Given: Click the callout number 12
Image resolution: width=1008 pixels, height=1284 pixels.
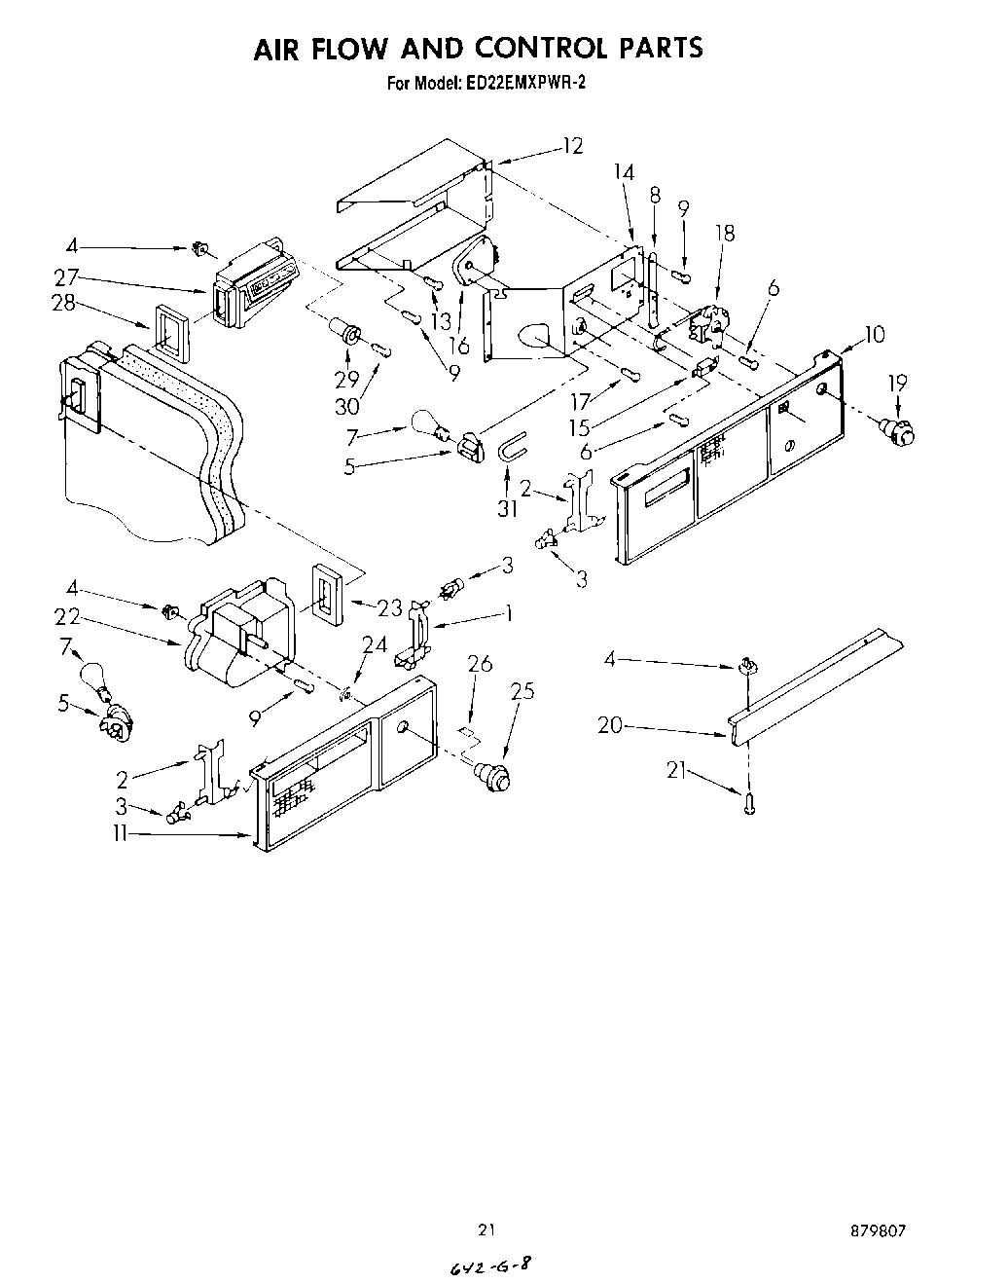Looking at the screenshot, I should coord(572,146).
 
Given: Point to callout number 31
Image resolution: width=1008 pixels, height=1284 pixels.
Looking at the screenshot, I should coord(507,508).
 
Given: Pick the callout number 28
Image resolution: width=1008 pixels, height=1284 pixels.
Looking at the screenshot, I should coord(63,303).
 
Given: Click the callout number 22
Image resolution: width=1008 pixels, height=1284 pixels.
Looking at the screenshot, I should coord(66,617).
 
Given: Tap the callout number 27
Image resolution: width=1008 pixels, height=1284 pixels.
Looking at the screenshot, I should coord(66,276).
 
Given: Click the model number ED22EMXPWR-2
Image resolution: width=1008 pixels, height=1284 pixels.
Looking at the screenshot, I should coord(525,84).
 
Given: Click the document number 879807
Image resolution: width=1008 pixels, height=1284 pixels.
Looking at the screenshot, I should coord(879,1230).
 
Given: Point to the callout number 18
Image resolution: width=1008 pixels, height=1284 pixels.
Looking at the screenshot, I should coord(724,233).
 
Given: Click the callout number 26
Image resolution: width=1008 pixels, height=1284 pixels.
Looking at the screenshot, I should coord(479,664).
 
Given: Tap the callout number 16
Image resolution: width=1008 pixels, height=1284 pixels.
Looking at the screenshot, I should coord(459,346).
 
